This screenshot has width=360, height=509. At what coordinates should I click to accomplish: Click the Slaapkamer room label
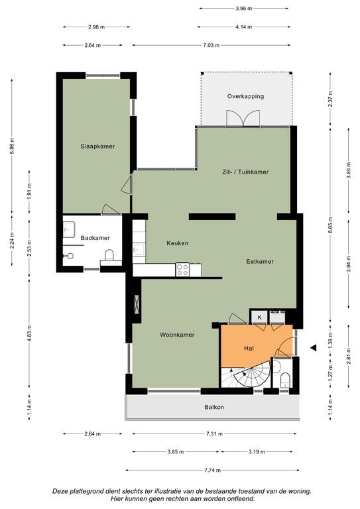[97, 146]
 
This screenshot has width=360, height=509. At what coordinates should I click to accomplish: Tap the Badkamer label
[95, 238]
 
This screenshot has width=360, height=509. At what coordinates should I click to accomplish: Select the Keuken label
[177, 243]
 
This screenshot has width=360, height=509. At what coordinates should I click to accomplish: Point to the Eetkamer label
[260, 261]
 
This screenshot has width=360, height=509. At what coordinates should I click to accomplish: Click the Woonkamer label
[177, 335]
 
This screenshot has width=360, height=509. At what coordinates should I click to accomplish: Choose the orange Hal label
[249, 349]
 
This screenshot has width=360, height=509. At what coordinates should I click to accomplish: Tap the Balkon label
[214, 407]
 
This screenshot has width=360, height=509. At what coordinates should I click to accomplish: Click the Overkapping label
[245, 96]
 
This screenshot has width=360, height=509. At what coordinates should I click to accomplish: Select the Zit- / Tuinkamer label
[245, 172]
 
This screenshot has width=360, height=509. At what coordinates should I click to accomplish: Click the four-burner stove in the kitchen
[182, 270]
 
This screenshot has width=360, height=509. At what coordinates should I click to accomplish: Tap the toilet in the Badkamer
[109, 254]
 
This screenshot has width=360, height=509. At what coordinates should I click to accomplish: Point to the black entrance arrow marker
[313, 348]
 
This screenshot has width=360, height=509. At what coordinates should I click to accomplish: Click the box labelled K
[259, 317]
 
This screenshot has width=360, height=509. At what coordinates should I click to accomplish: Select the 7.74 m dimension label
[213, 470]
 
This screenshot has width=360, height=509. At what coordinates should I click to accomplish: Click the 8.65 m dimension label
[331, 225]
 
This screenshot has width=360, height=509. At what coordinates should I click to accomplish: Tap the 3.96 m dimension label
[244, 9]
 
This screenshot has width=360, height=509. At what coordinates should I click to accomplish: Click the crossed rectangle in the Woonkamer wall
[137, 304]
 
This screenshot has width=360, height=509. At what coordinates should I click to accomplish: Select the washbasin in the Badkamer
[68, 229]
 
